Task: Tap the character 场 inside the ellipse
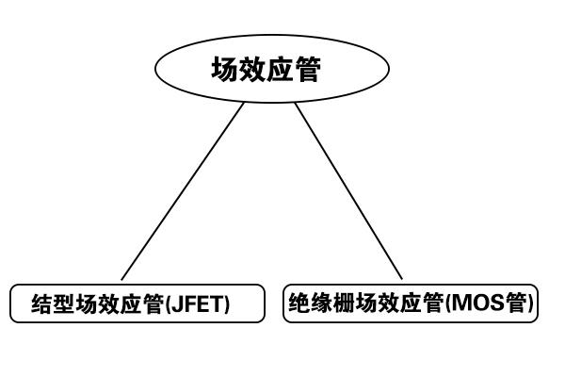(225, 69)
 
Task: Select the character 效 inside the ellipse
(252, 69)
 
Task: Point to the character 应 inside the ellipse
(280, 69)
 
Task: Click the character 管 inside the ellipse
(307, 69)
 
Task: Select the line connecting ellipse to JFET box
(183, 191)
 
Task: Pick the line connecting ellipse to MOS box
(348, 191)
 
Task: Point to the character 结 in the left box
(42, 303)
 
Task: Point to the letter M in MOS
(460, 303)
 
